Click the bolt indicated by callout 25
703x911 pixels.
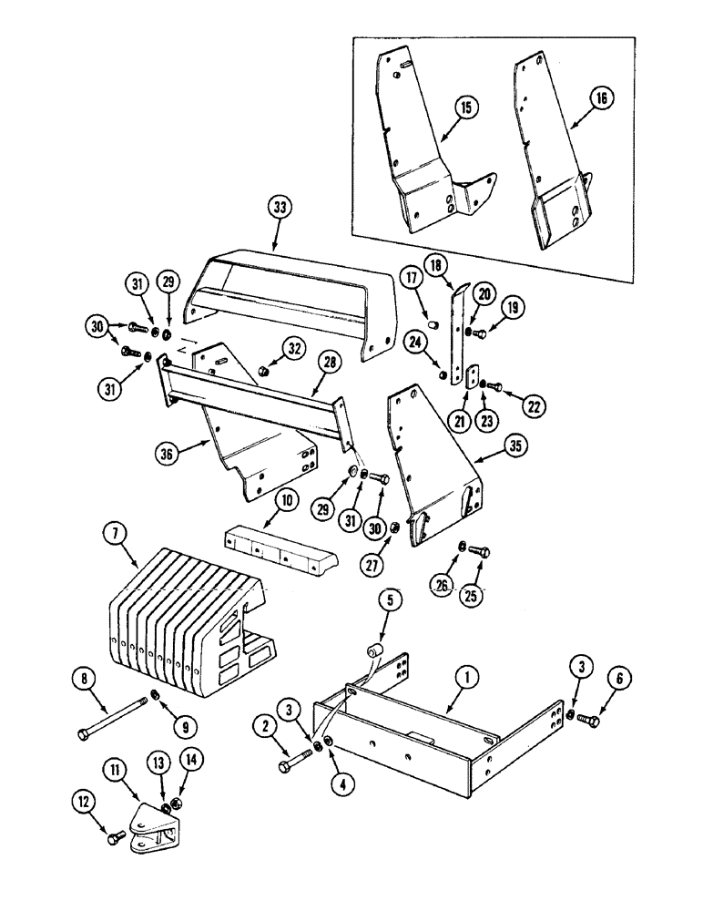(484, 552)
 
